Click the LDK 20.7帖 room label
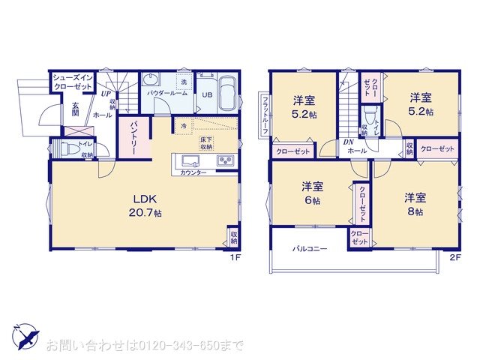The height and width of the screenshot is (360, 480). click(148, 205)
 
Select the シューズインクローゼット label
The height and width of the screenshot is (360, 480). click(72, 82)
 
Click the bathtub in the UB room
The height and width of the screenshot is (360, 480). click(227, 94)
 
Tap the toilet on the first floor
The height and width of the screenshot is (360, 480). click(64, 149)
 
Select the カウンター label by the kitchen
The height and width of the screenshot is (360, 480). click(194, 172)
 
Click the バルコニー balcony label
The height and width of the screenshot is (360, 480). click(310, 248)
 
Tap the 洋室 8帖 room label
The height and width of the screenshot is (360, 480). click(415, 205)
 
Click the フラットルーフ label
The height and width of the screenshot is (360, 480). click(265, 114)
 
